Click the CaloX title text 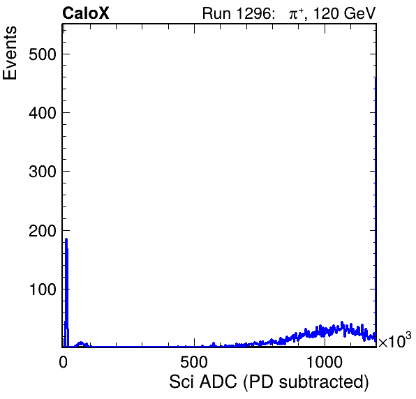point(86,13)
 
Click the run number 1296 point(255,13)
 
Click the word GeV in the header point(359,13)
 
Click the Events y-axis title point(10,53)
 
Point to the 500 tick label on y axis point(43,54)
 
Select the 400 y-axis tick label point(43,113)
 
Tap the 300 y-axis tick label point(43,172)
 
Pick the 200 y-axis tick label point(43,231)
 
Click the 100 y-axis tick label point(43,289)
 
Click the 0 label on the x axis point(63,362)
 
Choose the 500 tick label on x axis point(194,362)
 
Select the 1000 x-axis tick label point(324,362)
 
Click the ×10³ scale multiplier point(394,340)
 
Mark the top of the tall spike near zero point(66,239)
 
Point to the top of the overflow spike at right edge point(376,78)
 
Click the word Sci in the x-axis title point(182,382)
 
